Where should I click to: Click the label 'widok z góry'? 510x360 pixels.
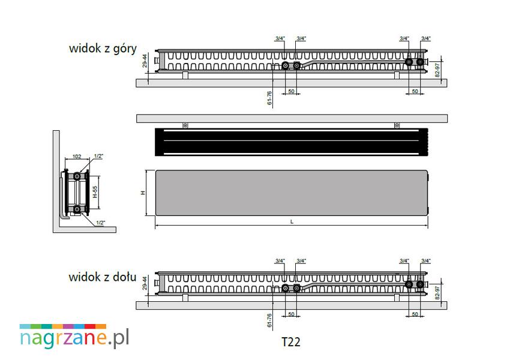(x=103, y=49)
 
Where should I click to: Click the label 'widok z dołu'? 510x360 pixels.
(x=103, y=277)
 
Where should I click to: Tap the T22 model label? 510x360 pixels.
(x=290, y=342)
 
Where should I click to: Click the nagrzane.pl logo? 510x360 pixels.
(x=74, y=336)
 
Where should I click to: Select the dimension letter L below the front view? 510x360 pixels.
(x=292, y=222)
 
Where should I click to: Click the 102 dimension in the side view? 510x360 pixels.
(x=77, y=157)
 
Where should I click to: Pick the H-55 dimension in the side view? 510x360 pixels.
(x=95, y=192)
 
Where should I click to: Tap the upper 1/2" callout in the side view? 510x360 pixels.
(x=98, y=156)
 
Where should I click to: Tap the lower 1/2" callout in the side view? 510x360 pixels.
(x=101, y=223)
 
